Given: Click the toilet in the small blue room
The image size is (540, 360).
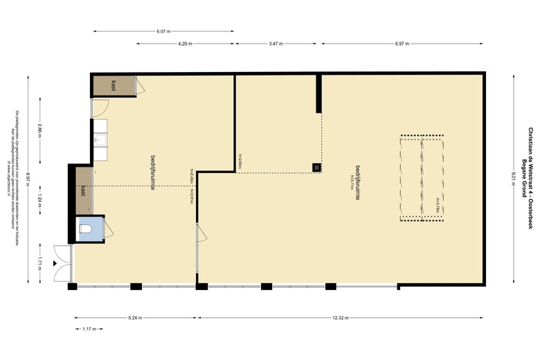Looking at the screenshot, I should pyautogui.click(x=86, y=228).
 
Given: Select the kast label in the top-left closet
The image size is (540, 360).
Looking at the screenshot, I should pyautogui.click(x=112, y=85).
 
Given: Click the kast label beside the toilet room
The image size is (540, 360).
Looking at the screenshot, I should pyautogui.click(x=82, y=190).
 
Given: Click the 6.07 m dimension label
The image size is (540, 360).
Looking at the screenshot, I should pyautogui.click(x=163, y=31).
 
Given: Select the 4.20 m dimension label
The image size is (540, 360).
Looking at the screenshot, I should pyautogui.click(x=184, y=44).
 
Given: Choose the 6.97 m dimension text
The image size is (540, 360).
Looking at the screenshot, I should pyautogui.click(x=402, y=44).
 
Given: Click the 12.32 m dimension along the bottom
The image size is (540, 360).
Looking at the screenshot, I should pyautogui.click(x=340, y=318).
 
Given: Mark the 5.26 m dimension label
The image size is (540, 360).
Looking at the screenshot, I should pyautogui.click(x=135, y=318).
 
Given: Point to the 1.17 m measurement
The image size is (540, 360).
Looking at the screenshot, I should pyautogui.click(x=89, y=330).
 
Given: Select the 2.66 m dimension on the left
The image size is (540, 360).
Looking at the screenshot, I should pyautogui.click(x=41, y=131).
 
